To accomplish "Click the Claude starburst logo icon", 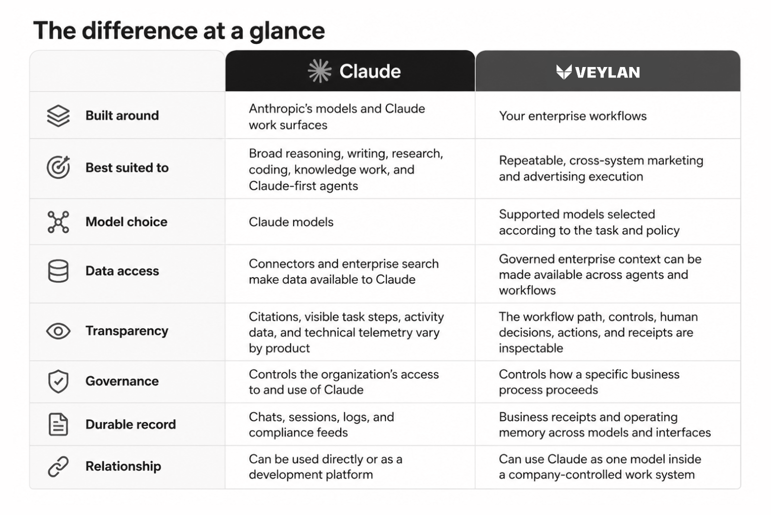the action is click(x=319, y=71).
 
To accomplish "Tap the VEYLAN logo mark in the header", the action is click(x=564, y=72).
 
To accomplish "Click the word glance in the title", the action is click(x=287, y=31).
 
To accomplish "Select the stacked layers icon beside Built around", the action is click(x=58, y=116).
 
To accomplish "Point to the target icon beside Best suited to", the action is click(x=58, y=167).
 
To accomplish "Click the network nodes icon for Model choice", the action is click(x=58, y=222).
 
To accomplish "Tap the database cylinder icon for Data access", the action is click(x=58, y=271).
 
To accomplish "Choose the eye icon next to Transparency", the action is click(x=58, y=331).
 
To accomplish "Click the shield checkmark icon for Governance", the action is click(x=58, y=381).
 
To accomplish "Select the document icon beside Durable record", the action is click(x=58, y=424).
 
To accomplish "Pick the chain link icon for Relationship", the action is click(x=58, y=466).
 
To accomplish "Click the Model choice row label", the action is click(x=126, y=222).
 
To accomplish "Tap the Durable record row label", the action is click(x=131, y=424).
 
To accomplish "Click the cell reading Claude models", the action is click(x=291, y=222).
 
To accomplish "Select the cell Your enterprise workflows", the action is click(x=573, y=116).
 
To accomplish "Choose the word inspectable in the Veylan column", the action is click(x=531, y=348).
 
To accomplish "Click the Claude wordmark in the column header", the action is click(x=370, y=71).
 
